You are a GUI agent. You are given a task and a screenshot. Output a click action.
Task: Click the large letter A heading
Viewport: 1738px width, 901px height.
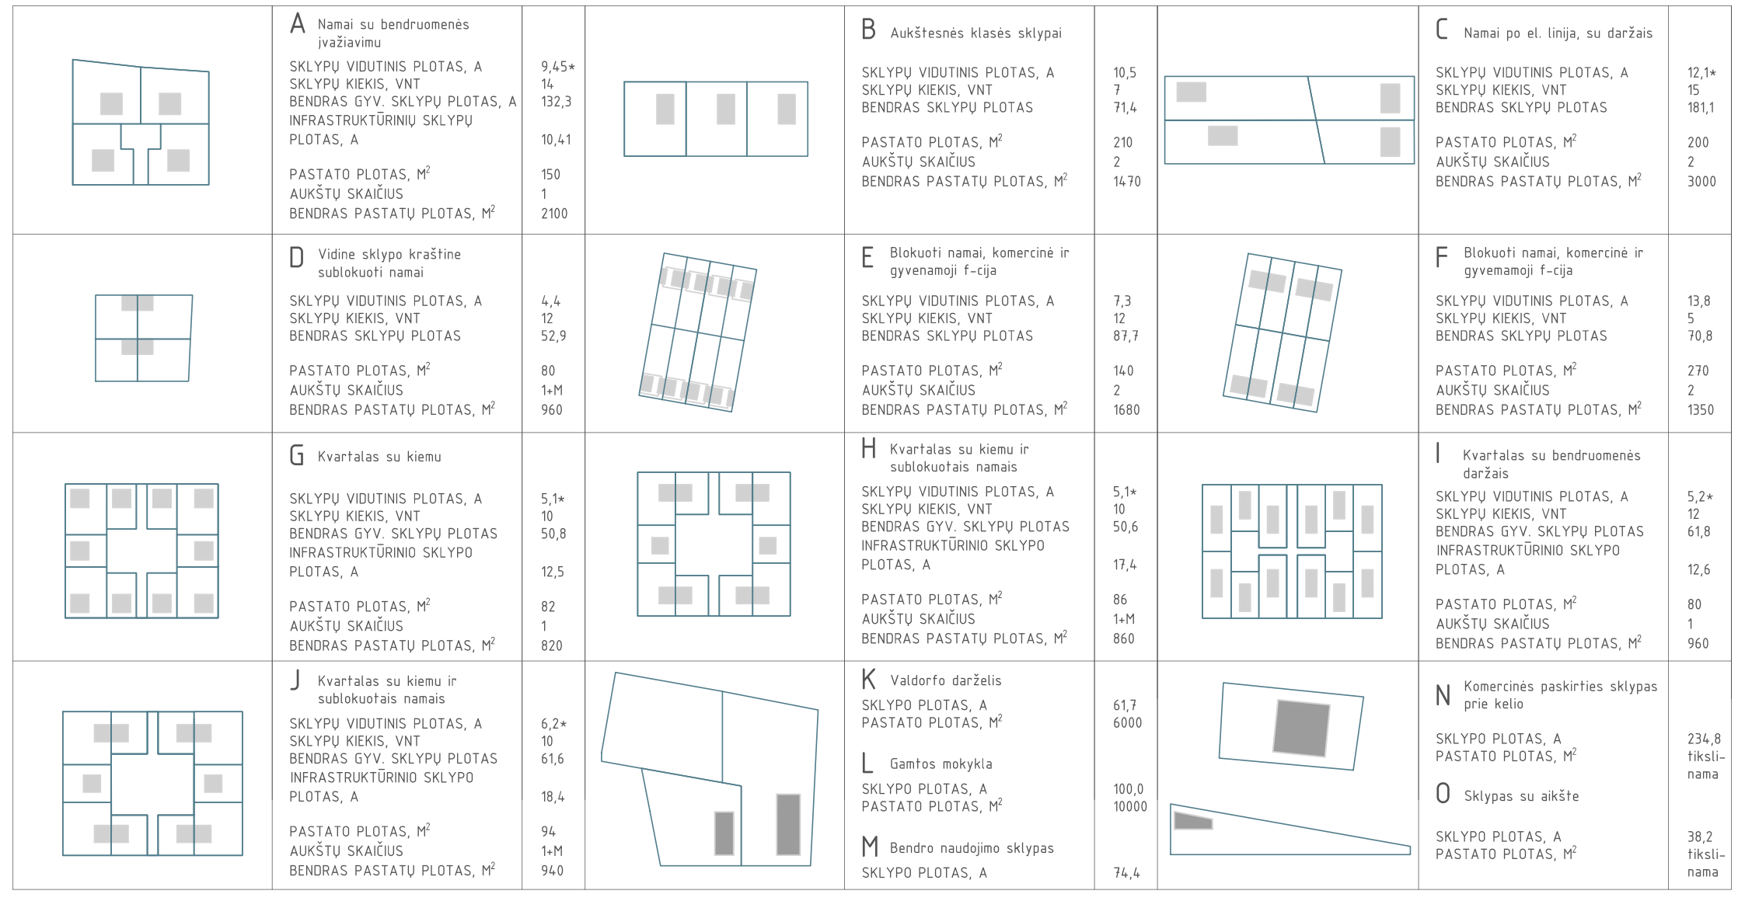[297, 24]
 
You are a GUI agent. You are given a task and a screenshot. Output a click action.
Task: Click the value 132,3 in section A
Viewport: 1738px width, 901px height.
[556, 102]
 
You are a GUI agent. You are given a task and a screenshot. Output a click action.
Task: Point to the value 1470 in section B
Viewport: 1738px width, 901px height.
[1126, 182]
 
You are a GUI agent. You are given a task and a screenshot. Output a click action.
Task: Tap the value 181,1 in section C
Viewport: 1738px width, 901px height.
[1700, 108]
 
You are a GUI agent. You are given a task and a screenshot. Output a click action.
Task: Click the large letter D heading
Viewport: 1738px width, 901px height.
[296, 257]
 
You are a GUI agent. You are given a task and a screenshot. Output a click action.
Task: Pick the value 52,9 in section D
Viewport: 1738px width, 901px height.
[553, 336]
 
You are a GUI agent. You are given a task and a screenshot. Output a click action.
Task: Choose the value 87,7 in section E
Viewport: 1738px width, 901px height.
[1126, 336]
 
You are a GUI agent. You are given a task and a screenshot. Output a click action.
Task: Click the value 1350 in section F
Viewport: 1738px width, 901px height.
[1700, 410]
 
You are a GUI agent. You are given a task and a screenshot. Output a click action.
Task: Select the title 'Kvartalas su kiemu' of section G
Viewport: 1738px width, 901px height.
[379, 457]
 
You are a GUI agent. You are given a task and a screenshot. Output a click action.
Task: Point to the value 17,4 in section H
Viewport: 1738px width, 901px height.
[1124, 565]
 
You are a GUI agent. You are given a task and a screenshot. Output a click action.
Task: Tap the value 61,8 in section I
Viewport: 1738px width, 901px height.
[1698, 532]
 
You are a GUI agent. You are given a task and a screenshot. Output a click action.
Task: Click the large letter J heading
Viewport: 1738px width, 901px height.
[295, 681]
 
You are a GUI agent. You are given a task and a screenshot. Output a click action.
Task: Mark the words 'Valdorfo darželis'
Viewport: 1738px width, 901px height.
[945, 680]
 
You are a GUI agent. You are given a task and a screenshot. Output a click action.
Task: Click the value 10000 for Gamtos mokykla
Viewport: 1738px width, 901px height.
[1129, 807]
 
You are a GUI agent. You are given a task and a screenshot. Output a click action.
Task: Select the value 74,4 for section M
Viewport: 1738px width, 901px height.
[1126, 873]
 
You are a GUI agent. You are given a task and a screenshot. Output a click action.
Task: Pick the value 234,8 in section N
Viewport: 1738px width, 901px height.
[1704, 739]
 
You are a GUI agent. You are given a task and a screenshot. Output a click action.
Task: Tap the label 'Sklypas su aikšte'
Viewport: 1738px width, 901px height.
[1521, 796]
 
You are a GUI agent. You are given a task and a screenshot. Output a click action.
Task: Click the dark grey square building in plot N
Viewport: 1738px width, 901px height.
[1300, 728]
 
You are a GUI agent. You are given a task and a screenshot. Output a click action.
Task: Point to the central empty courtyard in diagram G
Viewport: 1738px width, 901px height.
[141, 552]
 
